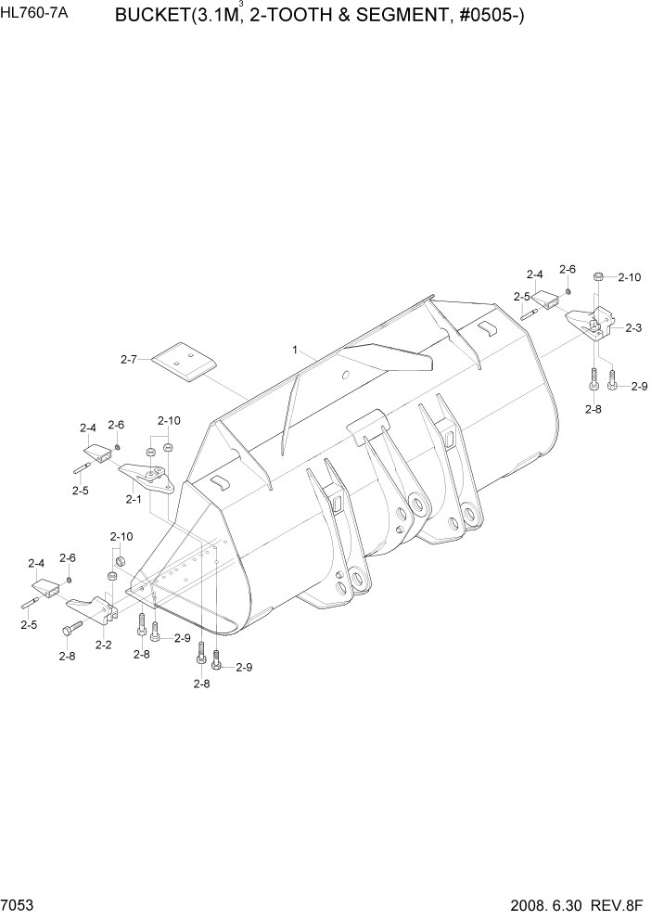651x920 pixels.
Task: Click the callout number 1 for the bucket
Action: coord(294,351)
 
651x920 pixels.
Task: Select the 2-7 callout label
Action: coord(129,359)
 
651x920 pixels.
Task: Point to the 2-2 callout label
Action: coord(104,645)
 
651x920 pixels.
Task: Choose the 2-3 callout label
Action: coord(634,327)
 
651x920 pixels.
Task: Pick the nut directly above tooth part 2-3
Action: coord(600,277)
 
